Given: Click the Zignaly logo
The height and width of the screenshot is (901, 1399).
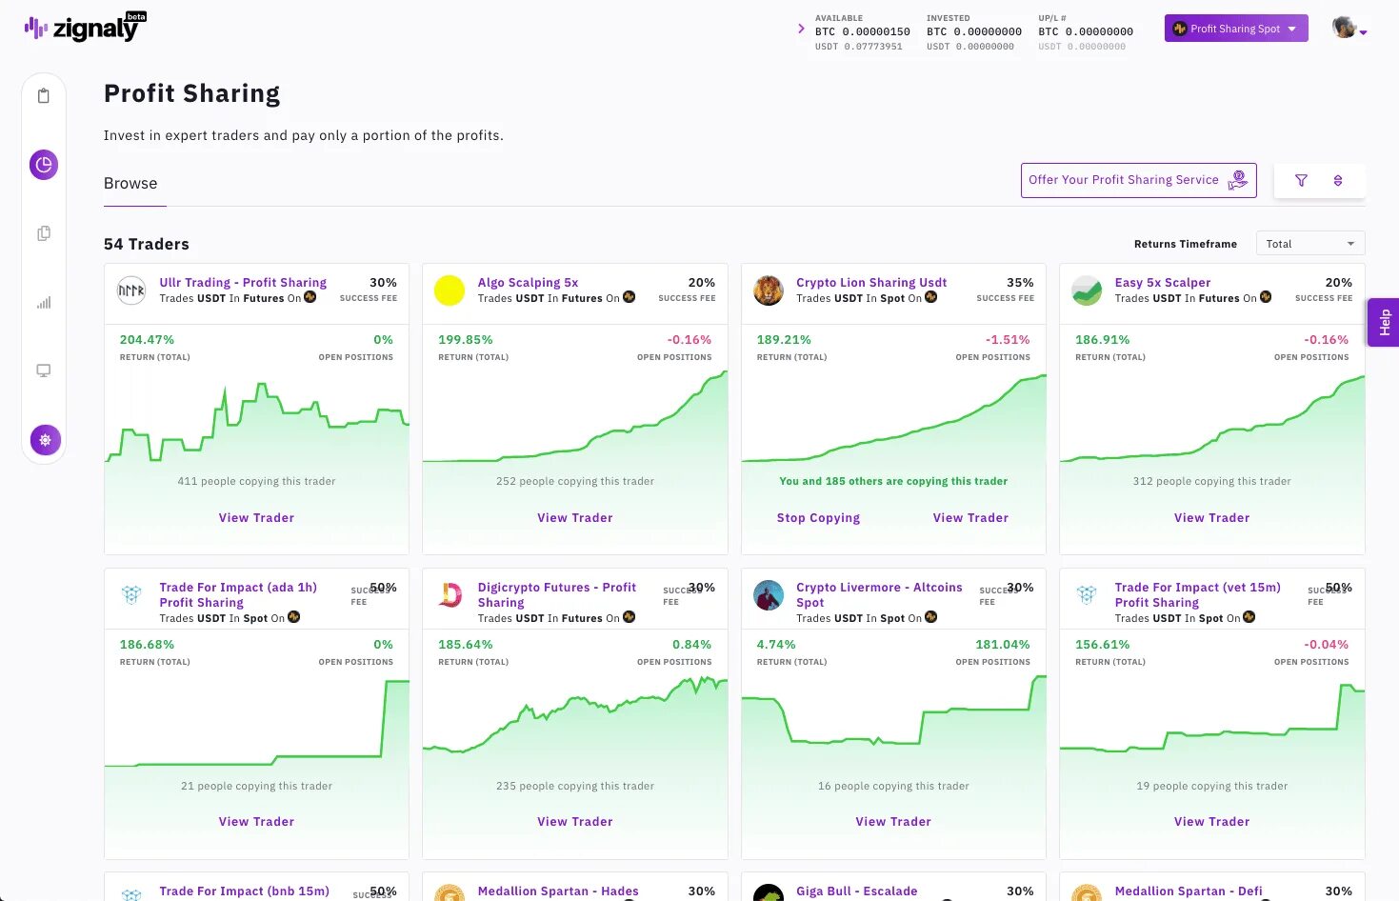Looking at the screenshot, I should point(84,28).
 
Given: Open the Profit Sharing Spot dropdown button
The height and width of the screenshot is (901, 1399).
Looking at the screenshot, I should point(1235,29).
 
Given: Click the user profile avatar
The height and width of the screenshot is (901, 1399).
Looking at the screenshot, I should point(1344,28).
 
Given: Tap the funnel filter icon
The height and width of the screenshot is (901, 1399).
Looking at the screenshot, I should point(1301,180).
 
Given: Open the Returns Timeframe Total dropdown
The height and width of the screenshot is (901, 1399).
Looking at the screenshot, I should point(1309,244).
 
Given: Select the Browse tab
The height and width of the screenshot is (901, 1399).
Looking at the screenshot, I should point(130,184).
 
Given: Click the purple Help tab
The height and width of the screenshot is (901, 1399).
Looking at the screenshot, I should point(1384,323).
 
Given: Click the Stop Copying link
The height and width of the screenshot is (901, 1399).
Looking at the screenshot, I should point(818,518).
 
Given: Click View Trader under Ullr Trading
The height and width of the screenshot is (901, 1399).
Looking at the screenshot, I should point(256,518).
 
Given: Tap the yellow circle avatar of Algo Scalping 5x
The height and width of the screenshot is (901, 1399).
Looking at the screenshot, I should point(450,290).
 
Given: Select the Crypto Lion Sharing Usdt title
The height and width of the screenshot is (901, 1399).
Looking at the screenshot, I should point(871,283).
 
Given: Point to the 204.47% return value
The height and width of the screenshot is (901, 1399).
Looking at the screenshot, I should point(147,340).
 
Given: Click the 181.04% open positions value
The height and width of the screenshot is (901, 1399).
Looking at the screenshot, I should point(1002,645).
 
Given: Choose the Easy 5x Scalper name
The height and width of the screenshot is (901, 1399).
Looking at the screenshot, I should point(1163,283).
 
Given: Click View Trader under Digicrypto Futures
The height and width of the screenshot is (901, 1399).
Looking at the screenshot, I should point(574,822).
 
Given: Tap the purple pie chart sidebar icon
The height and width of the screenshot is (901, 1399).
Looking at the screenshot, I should point(44,165).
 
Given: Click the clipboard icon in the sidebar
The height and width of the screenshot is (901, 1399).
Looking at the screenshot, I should point(44,96).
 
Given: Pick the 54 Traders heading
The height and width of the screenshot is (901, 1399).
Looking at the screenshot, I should point(147,245).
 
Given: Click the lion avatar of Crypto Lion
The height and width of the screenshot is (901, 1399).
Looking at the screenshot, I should point(769,290).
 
